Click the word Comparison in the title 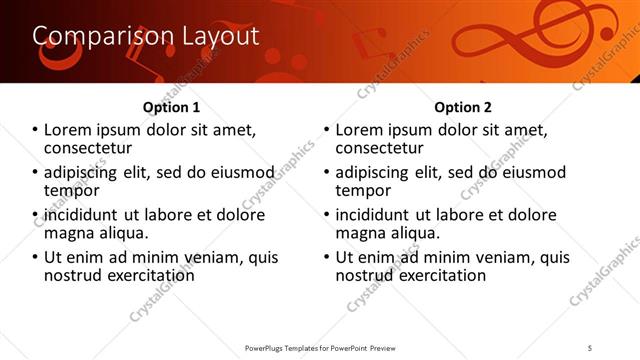click(92, 37)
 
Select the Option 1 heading click(172, 107)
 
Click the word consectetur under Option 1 click(93, 149)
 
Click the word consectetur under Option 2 click(384, 149)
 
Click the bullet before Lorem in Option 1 click(35, 130)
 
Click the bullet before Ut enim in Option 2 click(326, 257)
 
